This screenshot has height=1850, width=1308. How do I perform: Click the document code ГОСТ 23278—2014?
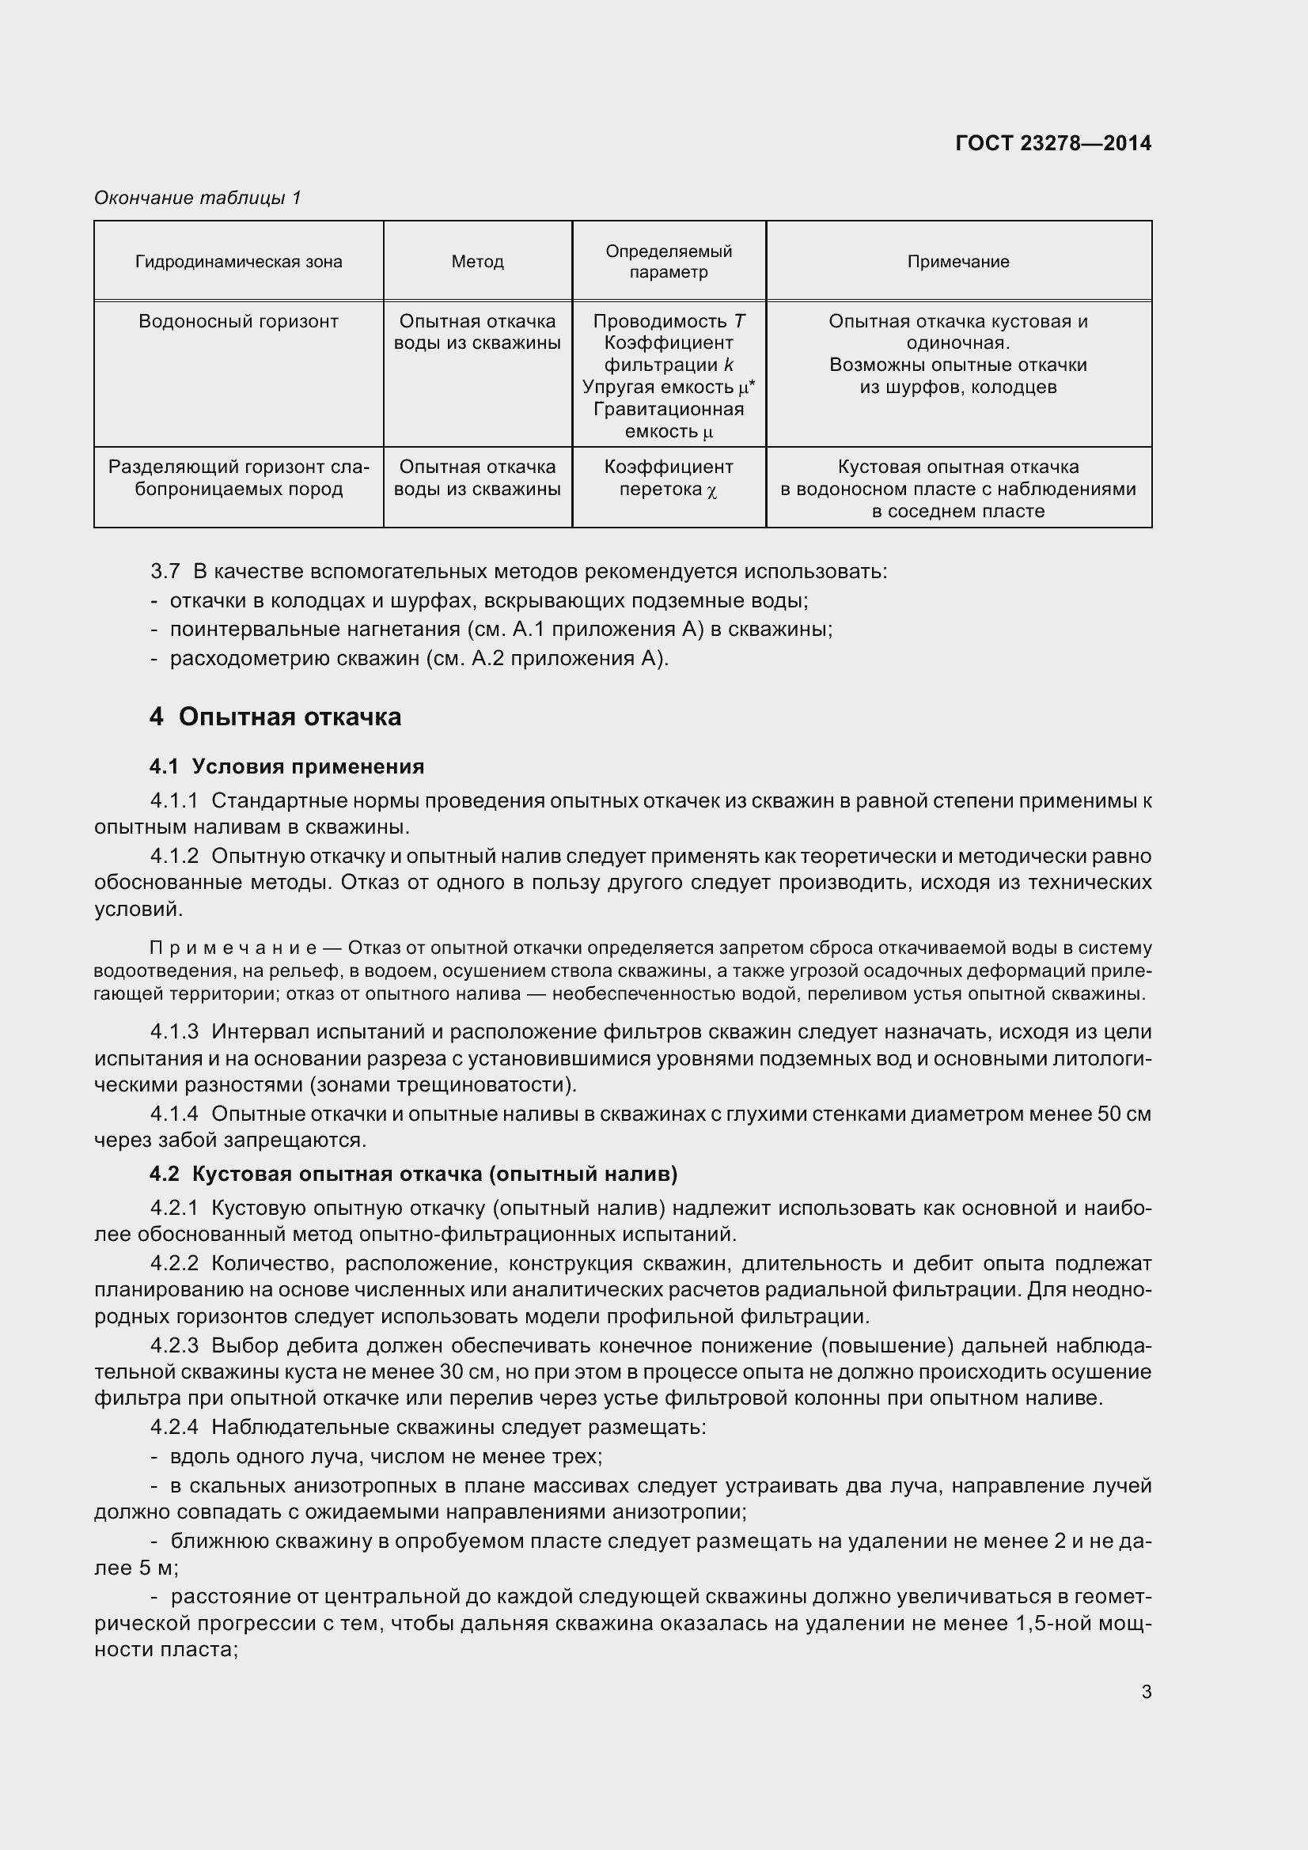click(1052, 143)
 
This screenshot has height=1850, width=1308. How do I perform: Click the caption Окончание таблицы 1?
click(198, 198)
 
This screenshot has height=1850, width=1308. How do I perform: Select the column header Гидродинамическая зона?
click(238, 262)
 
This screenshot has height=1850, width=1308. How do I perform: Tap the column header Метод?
click(477, 262)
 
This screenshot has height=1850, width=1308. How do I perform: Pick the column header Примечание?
click(957, 262)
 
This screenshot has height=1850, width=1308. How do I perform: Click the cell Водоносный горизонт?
click(238, 321)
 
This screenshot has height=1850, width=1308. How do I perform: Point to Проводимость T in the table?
click(669, 321)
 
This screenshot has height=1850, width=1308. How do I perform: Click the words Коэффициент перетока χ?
click(668, 478)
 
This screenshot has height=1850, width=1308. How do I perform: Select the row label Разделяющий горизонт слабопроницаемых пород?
click(238, 478)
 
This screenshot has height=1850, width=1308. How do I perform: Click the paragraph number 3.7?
click(165, 571)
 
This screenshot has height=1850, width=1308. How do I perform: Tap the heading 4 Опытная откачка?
click(275, 717)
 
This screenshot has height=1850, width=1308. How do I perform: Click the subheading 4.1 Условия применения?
click(287, 766)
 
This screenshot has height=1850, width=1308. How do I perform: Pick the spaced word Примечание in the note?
click(232, 948)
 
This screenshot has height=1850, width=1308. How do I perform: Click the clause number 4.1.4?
click(174, 1114)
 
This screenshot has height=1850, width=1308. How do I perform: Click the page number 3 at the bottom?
click(1146, 1692)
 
